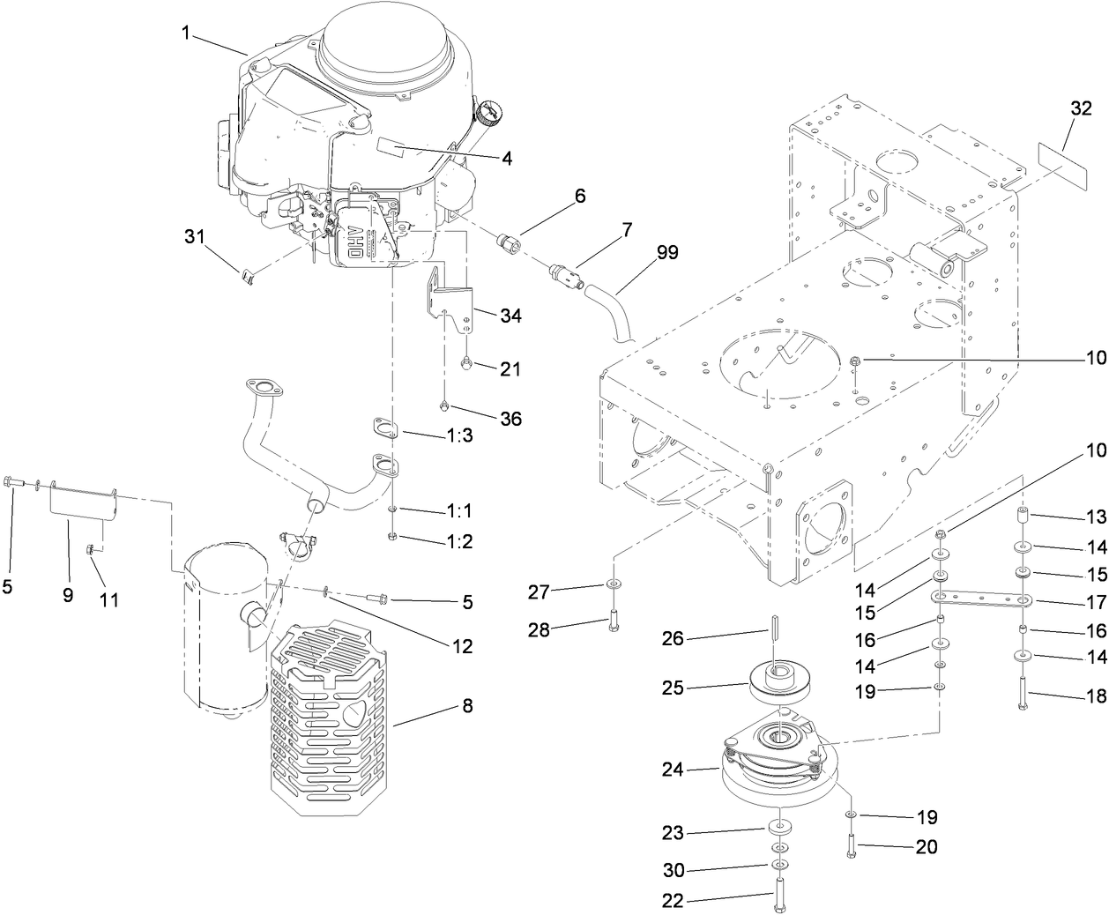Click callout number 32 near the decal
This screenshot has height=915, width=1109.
1081,109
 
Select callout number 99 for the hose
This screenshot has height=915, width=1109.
667,253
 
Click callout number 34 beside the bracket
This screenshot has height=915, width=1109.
510,315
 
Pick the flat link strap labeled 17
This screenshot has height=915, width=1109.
982,600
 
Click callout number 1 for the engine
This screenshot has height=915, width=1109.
186,33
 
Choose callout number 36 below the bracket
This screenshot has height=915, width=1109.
510,419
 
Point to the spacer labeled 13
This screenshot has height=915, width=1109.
1024,514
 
